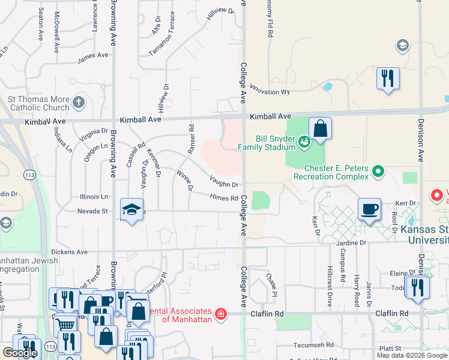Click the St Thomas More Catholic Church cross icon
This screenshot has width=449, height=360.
(79, 103)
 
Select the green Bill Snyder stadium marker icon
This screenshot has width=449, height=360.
(304, 142)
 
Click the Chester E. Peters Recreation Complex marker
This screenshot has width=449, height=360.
(378, 172)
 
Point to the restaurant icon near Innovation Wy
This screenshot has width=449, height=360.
(388, 78)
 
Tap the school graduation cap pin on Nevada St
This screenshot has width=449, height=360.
(131, 209)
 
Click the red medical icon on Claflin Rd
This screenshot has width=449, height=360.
(221, 314)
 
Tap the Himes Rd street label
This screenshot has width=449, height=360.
(224, 198)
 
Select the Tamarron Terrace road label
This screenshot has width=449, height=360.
(161, 34)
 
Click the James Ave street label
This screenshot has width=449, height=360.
(93, 55)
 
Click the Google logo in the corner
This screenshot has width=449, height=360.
(19, 353)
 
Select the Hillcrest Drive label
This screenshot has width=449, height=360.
(330, 286)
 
